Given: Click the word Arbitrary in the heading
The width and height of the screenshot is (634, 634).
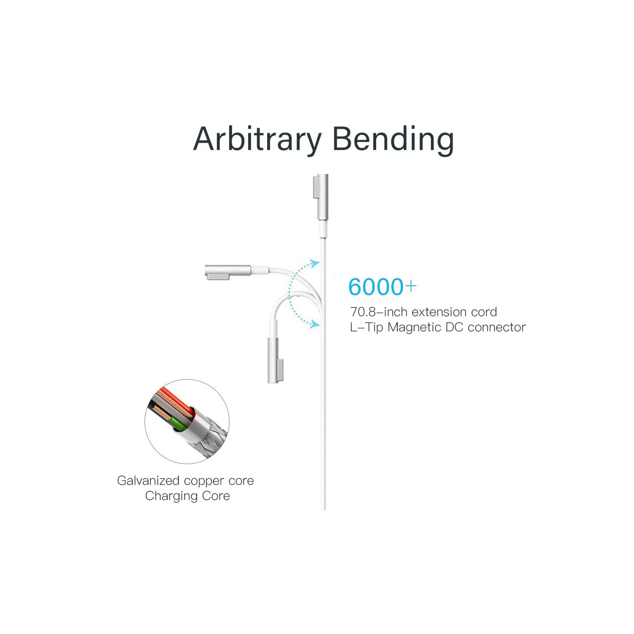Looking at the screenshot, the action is click(x=257, y=139).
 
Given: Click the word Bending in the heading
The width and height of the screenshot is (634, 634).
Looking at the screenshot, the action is click(x=393, y=139).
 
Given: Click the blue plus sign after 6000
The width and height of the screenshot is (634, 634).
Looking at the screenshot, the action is click(x=411, y=286).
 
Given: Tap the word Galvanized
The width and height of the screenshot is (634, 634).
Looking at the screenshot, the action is click(x=148, y=481).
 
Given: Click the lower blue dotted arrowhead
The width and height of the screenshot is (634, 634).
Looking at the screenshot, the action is click(x=314, y=325).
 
